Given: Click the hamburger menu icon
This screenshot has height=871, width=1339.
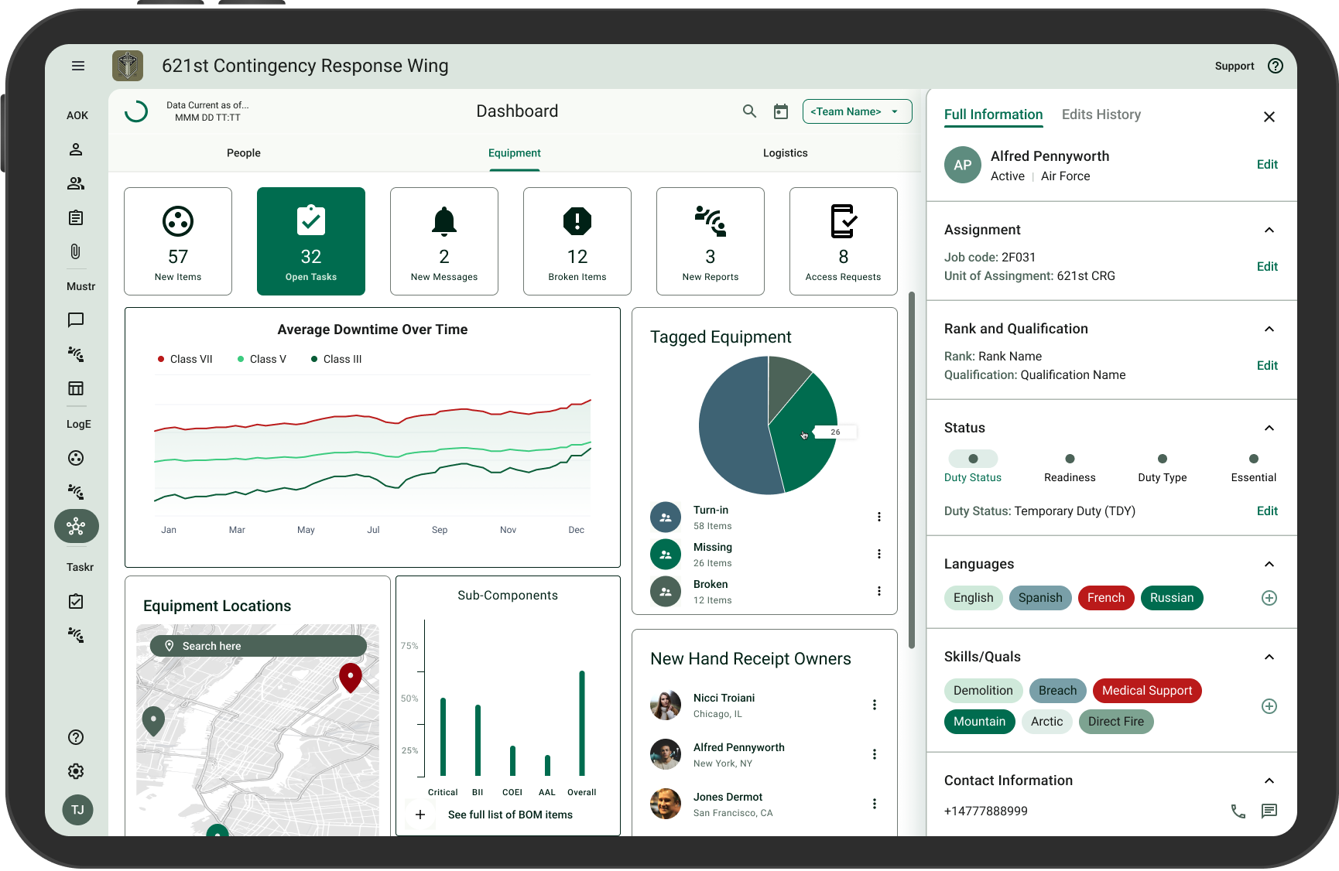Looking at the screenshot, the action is coord(78,66).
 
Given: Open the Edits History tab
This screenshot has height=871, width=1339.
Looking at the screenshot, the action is coord(1101,114).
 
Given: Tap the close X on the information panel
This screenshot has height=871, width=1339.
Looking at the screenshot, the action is coord(1269,117).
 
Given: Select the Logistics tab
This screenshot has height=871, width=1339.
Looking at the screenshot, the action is coord(785,153).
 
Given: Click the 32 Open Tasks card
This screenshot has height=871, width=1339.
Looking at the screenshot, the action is coord(311,241).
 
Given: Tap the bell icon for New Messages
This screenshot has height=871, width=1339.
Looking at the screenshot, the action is coord(444,221).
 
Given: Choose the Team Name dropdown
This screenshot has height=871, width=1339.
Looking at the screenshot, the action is coord(857,111).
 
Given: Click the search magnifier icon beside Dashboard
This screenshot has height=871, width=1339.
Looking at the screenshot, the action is coord(749,111).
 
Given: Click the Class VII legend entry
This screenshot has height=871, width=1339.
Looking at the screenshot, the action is coord(185,359).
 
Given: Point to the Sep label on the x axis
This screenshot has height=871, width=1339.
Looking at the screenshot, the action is coord(440,530).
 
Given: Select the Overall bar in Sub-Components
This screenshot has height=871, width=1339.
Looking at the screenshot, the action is coord(582,723).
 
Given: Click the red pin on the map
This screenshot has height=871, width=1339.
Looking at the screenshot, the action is coord(351,678).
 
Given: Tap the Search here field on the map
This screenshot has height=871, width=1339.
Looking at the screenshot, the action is coord(259,646).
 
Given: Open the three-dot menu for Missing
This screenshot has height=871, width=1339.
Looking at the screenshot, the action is coord(879,554).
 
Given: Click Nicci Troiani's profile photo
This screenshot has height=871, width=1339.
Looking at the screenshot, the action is coord(666,705).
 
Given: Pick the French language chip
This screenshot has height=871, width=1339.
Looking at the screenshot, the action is coord(1106,598).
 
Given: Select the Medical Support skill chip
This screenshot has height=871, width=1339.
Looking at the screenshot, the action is coord(1147,691).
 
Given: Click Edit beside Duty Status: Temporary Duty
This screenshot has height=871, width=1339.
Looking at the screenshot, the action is coord(1267,511).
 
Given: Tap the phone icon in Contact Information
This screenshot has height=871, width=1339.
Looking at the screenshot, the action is coord(1238,811).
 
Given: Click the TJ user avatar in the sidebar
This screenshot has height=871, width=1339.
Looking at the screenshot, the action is coord(77,810).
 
